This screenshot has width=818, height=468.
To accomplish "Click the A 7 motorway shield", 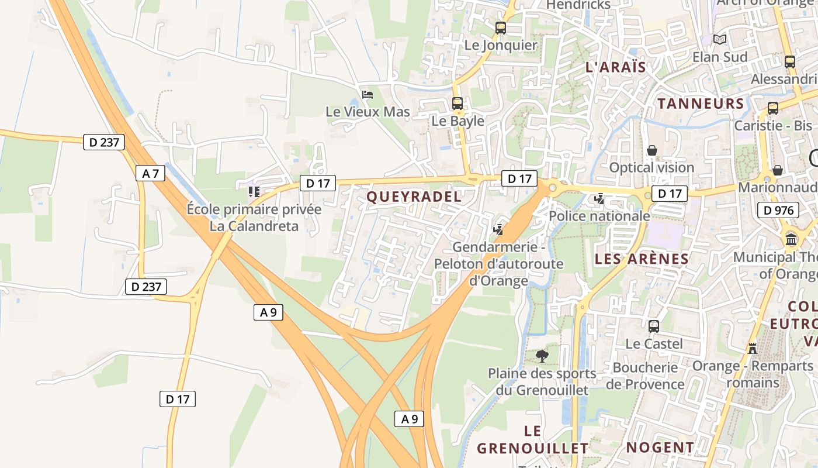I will pyautogui.click(x=150, y=173).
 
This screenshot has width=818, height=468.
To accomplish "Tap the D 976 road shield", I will pyautogui.click(x=778, y=210).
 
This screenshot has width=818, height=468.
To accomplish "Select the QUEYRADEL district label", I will pyautogui.click(x=414, y=197).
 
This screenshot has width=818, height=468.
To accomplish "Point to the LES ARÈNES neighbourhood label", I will pyautogui.click(x=641, y=259).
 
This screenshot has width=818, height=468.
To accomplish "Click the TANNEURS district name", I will pyautogui.click(x=701, y=104).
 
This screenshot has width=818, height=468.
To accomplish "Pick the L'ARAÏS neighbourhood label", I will pyautogui.click(x=615, y=67).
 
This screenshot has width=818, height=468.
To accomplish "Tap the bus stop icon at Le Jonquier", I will pyautogui.click(x=500, y=27).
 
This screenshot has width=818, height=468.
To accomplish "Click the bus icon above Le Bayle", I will pyautogui.click(x=457, y=104).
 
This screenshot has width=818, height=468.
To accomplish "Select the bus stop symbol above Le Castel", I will pyautogui.click(x=654, y=326).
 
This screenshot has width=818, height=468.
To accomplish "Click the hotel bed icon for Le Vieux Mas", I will pyautogui.click(x=368, y=94).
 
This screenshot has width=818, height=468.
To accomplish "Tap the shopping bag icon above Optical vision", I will pyautogui.click(x=652, y=151).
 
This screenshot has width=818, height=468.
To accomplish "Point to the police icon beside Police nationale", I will pyautogui.click(x=599, y=199).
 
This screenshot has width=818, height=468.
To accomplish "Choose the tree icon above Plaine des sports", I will pyautogui.click(x=542, y=355).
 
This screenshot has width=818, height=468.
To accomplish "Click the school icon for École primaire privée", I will pyautogui.click(x=254, y=191).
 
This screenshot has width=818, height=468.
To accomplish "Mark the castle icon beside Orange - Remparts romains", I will pyautogui.click(x=753, y=348).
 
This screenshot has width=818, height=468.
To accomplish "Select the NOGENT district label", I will pyautogui.click(x=660, y=448).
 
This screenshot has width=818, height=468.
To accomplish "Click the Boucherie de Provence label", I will pyautogui.click(x=645, y=376).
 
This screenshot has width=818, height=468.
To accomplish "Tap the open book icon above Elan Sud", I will pyautogui.click(x=720, y=39).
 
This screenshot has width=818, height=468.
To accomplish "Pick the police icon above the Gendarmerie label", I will pyautogui.click(x=498, y=229).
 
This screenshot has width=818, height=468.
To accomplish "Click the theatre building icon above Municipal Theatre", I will pyautogui.click(x=791, y=239).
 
